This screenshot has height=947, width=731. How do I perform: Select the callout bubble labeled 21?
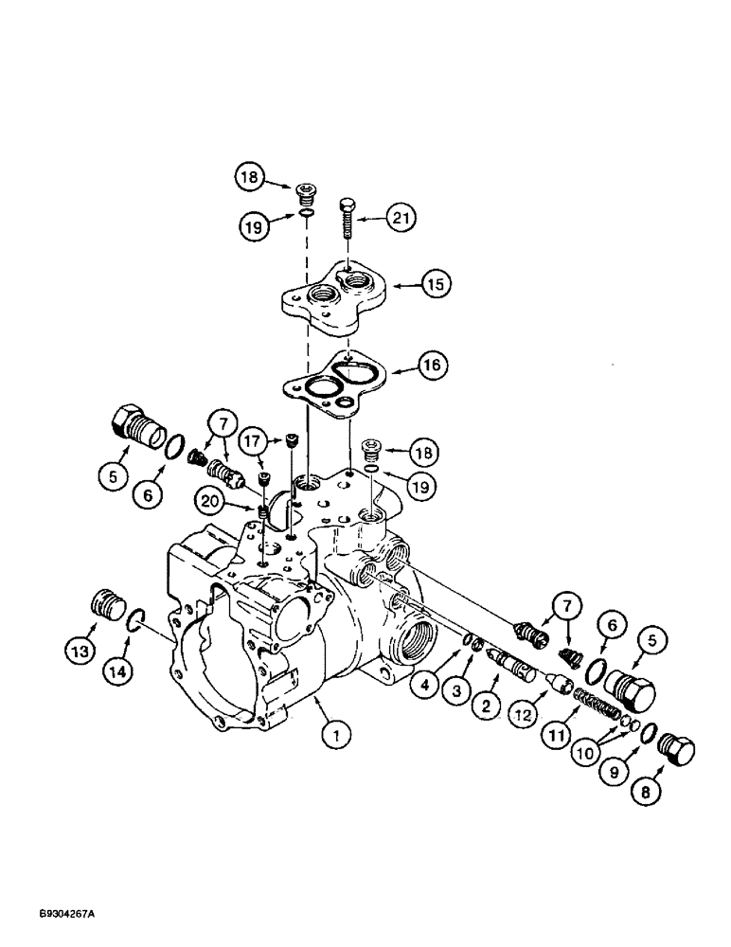pyautogui.click(x=404, y=220)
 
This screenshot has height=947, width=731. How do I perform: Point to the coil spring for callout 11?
pyautogui.click(x=596, y=707)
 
